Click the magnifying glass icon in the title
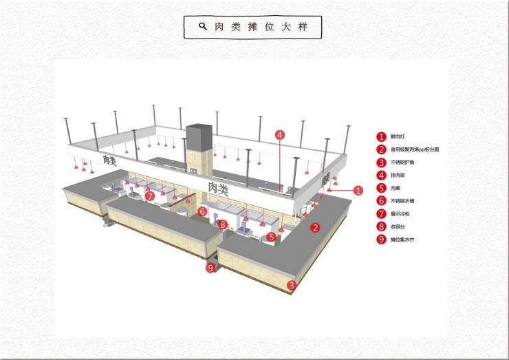[x=203, y=27]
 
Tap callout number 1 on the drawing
[x=358, y=190]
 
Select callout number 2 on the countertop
[x=315, y=228]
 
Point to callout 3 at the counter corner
[x=292, y=284]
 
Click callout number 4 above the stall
[x=280, y=135]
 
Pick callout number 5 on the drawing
[x=272, y=237]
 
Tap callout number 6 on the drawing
[x=203, y=211]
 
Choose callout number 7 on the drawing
[x=150, y=195]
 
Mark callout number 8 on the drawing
[x=223, y=224]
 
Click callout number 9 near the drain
[x=210, y=268]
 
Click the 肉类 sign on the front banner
[x=219, y=187]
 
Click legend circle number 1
[x=381, y=136]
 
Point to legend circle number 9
[x=381, y=240]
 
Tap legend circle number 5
[x=381, y=188]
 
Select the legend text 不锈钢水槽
[x=402, y=201]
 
